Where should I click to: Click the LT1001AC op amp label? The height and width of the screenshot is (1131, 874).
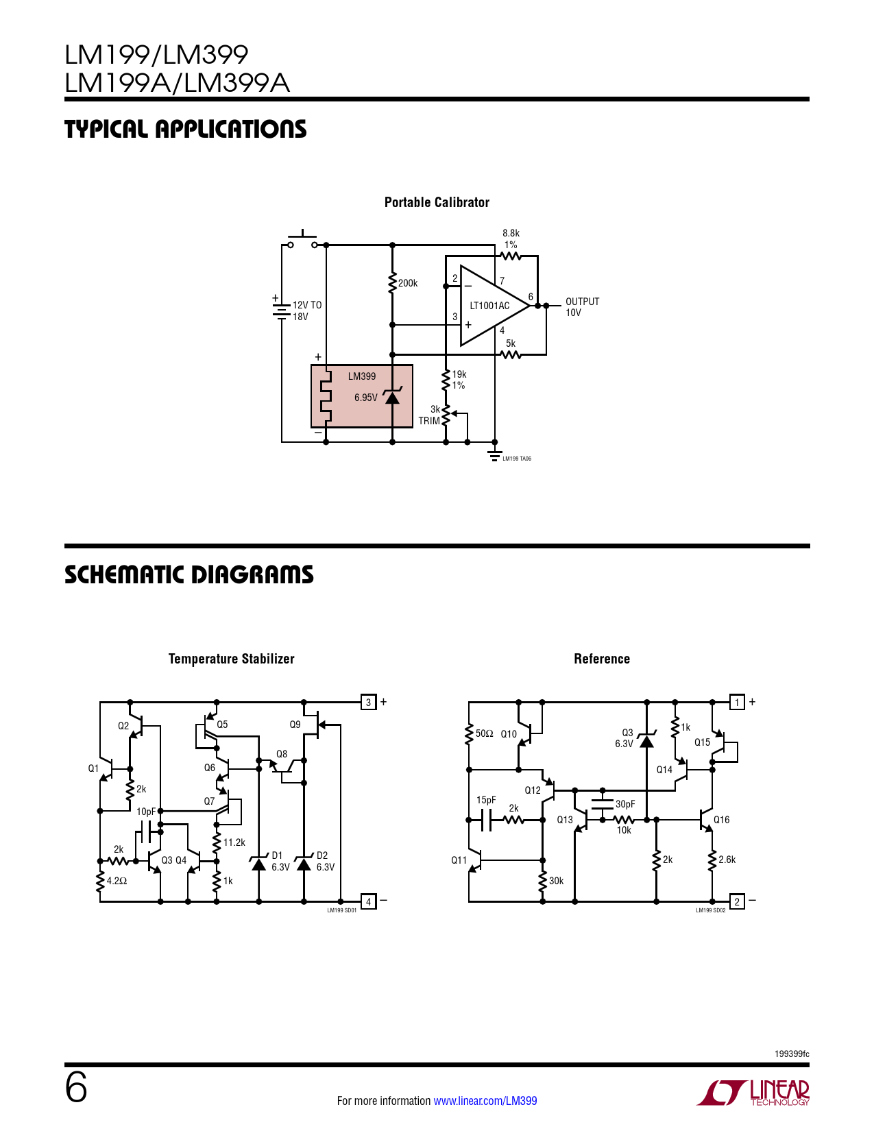489,306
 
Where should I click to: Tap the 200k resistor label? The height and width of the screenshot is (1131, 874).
408,283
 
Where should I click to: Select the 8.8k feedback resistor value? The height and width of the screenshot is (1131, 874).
511,233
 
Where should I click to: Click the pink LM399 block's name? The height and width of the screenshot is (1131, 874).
361,376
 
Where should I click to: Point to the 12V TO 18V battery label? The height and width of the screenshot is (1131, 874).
306,311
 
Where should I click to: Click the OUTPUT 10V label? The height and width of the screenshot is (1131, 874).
582,307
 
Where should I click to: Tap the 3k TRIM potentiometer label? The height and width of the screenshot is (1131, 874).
430,415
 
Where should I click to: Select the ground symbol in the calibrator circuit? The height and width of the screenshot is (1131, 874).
494,455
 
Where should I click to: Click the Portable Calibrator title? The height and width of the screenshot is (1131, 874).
437,202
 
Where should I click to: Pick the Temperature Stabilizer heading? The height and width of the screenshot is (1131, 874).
231,659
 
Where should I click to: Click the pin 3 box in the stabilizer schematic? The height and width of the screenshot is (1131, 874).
368,702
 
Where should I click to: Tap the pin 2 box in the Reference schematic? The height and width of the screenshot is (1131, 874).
737,901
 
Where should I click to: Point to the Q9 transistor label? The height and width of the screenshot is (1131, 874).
295,725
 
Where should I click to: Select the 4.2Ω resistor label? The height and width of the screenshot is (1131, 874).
117,881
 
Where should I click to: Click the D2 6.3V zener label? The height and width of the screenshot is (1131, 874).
325,862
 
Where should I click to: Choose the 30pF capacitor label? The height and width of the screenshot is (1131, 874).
625,804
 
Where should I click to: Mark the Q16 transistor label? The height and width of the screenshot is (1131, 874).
721,820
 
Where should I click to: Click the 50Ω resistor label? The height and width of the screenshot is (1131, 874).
484,733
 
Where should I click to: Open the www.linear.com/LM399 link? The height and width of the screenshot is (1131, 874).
485,1101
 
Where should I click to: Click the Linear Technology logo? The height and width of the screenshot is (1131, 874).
754,1093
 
